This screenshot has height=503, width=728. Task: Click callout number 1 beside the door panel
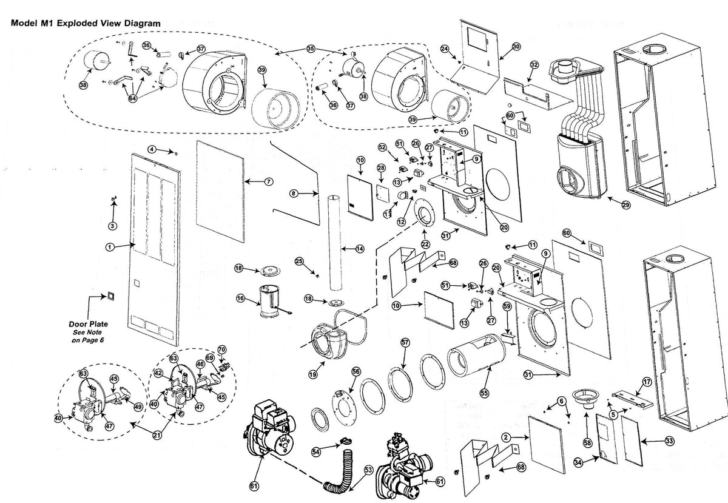point(110,247)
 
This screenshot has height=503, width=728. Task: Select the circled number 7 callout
point(269,181)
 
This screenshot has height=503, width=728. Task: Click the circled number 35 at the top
point(311,48)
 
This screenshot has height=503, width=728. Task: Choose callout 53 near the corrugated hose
point(368,469)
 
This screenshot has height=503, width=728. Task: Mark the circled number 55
point(484,392)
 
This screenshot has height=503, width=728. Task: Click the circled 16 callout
point(240,299)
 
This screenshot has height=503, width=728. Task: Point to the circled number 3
point(112,225)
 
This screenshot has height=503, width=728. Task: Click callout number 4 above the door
point(152,149)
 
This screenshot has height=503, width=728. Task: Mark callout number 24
point(444,49)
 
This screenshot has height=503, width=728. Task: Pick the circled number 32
point(534,64)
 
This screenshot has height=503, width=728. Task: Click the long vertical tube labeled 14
point(333,243)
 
